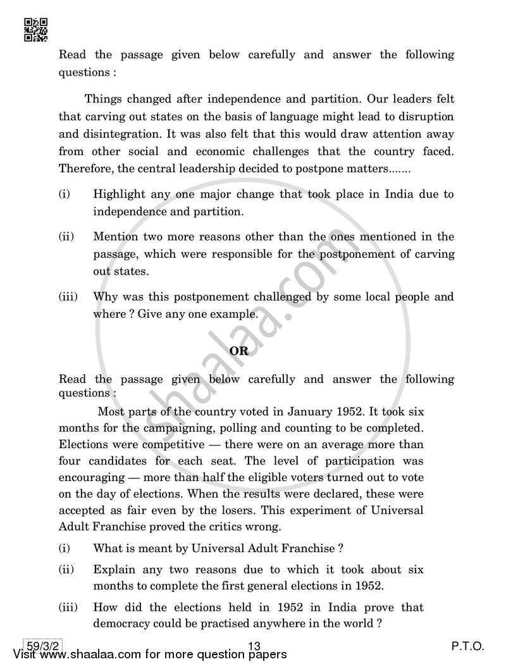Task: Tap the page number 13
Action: pos(255,646)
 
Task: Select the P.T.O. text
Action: pos(467,646)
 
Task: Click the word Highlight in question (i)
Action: pos(119,194)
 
